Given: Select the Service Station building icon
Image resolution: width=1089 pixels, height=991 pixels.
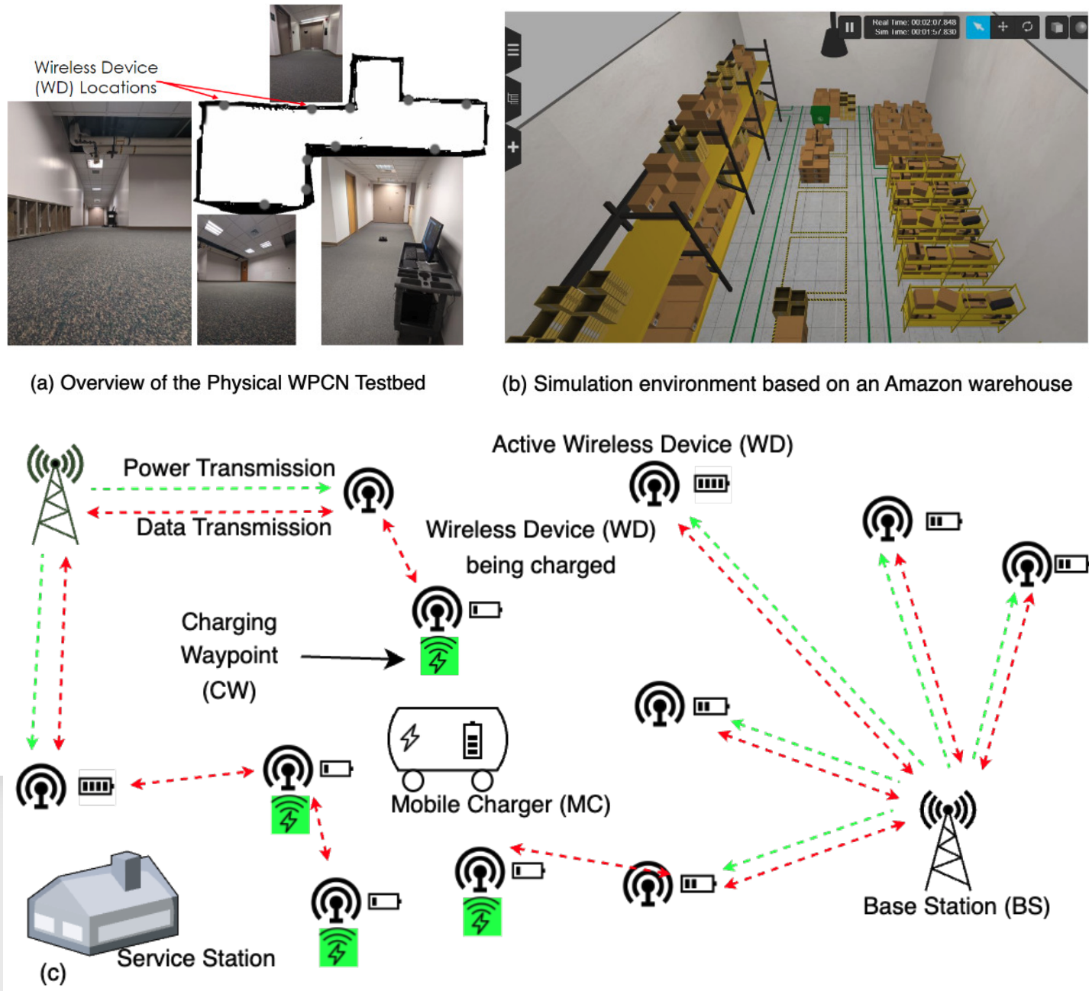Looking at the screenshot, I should pyautogui.click(x=103, y=905).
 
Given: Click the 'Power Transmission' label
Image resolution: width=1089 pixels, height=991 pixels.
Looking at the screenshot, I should pyautogui.click(x=229, y=468).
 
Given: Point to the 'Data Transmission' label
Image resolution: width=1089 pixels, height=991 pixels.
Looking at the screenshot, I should pyautogui.click(x=234, y=528).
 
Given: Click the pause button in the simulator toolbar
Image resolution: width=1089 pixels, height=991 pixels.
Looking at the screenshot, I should pyautogui.click(x=849, y=27).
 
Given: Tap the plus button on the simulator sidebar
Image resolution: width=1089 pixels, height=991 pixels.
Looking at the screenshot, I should pyautogui.click(x=513, y=147).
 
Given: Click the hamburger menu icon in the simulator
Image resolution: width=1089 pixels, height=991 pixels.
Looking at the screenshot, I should pyautogui.click(x=513, y=50).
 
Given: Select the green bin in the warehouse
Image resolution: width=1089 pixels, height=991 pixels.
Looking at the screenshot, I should pyautogui.click(x=820, y=116).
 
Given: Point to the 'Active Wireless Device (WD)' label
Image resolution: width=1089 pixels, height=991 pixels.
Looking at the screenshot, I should pyautogui.click(x=642, y=444).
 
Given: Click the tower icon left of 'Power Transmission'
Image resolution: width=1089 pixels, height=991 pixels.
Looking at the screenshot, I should pyautogui.click(x=55, y=492).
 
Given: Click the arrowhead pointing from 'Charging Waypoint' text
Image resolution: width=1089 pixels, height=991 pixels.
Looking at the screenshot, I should pyautogui.click(x=396, y=658).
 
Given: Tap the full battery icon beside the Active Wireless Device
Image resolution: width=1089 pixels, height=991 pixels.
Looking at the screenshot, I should pyautogui.click(x=711, y=484).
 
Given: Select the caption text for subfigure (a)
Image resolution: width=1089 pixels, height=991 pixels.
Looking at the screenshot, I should pyautogui.click(x=228, y=383).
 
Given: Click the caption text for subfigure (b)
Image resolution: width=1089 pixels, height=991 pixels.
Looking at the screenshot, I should pyautogui.click(x=787, y=384).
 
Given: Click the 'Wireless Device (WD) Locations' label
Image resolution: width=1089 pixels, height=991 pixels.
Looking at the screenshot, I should pyautogui.click(x=96, y=78).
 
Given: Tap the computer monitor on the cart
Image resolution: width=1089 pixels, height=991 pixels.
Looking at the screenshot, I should pyautogui.click(x=431, y=238).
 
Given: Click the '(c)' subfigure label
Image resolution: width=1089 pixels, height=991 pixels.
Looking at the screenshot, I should pyautogui.click(x=53, y=973).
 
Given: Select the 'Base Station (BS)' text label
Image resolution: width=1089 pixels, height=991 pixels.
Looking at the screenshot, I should pyautogui.click(x=956, y=906).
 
